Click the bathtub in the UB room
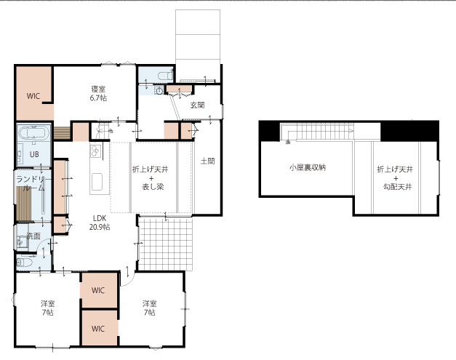33,134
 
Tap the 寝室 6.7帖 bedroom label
98,93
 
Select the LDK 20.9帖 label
100,223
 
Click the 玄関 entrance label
198,105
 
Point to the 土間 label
208,161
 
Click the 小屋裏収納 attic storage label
308,167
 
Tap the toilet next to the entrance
165,76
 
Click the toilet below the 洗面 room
24,263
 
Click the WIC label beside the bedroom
33,96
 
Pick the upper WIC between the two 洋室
98,290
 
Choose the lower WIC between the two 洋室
98,329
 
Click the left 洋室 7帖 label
48,308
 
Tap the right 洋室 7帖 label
150,308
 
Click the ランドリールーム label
31,183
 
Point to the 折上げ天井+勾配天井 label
395,178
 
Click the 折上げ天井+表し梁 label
151,178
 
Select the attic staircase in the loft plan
317,132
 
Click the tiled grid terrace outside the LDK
165,244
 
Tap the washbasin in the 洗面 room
21,241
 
